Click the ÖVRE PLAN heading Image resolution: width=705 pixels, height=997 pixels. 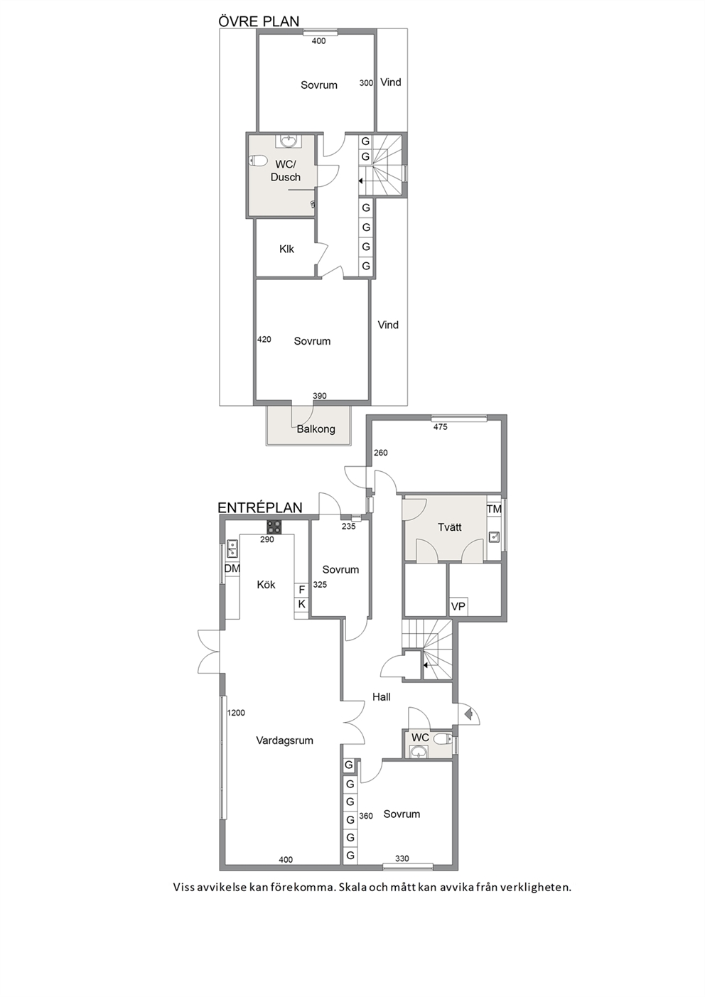click(259, 21)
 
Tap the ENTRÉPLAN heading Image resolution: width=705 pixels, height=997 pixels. click(260, 507)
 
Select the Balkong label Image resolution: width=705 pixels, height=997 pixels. click(316, 429)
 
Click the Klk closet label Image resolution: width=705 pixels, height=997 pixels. click(286, 249)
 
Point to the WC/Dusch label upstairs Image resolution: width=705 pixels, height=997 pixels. click(285, 171)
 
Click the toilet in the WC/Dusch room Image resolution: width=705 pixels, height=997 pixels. click(258, 160)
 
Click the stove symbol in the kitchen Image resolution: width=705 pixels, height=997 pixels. click(274, 527)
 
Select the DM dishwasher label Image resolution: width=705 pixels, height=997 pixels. click(232, 568)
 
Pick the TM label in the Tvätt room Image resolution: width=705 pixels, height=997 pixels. click(494, 510)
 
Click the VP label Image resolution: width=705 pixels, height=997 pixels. click(458, 606)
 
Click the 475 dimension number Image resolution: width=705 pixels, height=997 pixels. click(440, 427)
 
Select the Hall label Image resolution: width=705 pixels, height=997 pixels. click(382, 697)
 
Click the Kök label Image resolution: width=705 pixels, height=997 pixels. click(267, 584)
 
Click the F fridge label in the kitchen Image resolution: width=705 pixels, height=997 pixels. click(302, 591)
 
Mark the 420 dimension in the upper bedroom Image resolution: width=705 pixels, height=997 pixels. click(264, 339)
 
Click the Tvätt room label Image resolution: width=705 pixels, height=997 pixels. click(450, 527)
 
